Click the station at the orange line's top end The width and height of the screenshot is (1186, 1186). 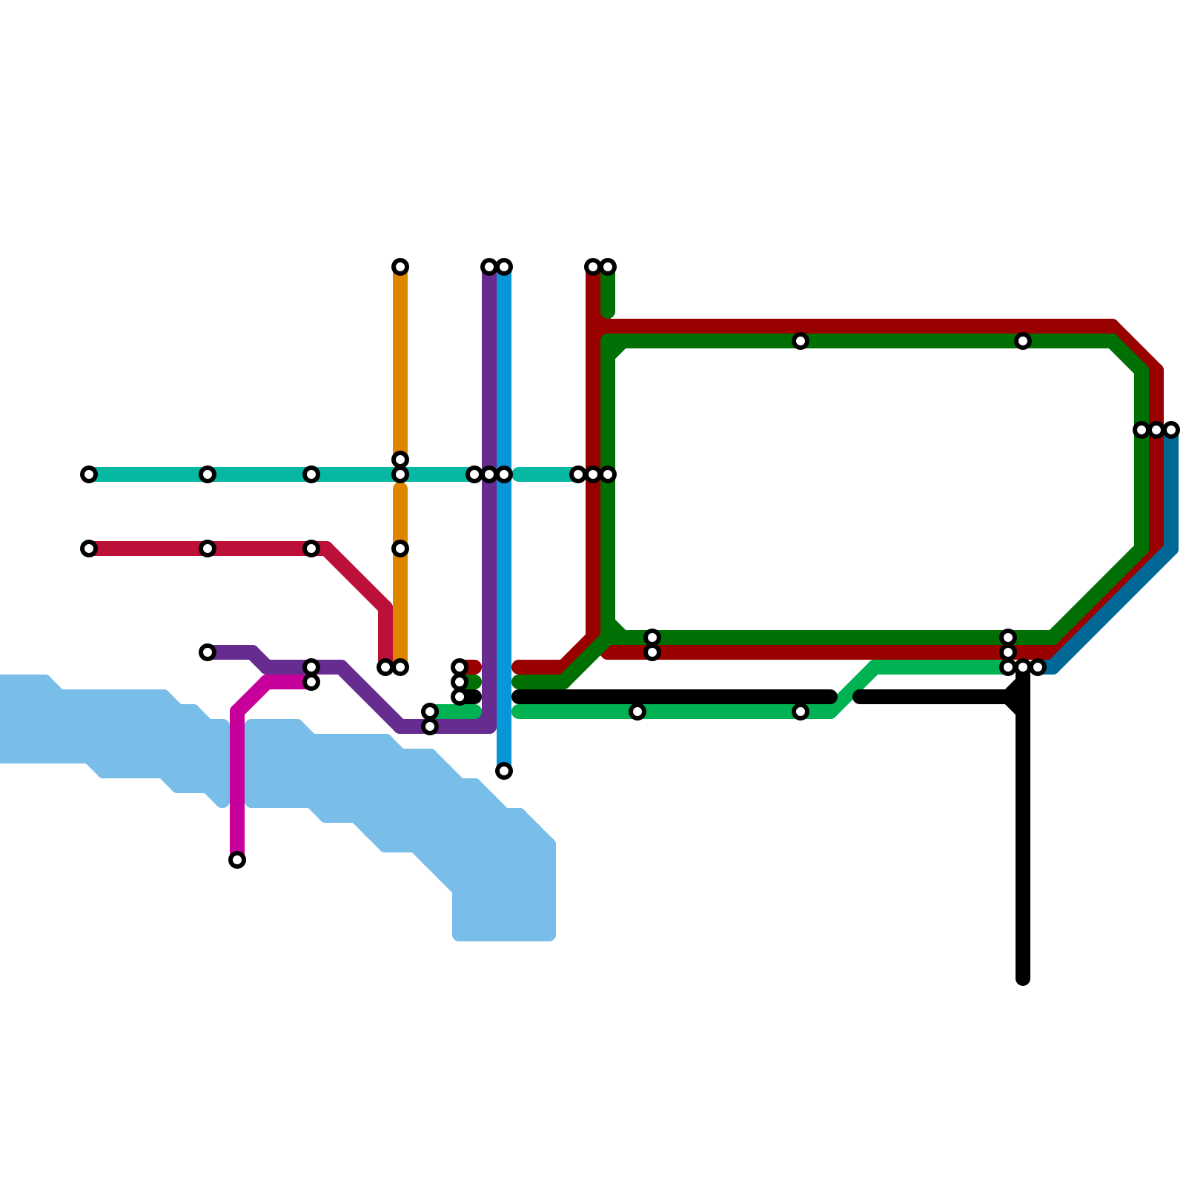(x=400, y=267)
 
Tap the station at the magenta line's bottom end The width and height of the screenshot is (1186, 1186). (x=237, y=860)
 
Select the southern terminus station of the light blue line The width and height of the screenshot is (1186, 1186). (x=504, y=771)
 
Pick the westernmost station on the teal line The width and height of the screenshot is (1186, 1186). (x=89, y=474)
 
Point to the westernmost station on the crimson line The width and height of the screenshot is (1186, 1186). (x=89, y=549)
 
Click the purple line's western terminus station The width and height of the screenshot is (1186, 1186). (x=208, y=652)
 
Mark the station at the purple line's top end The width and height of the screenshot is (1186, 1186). (x=488, y=267)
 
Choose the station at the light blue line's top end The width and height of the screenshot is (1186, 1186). (x=505, y=267)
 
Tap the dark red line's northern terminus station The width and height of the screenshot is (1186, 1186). (x=592, y=267)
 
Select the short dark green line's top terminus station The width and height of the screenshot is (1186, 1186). (x=609, y=267)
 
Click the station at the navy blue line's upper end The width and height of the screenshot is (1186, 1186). (x=1171, y=430)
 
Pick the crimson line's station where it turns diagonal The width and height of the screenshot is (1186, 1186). (x=311, y=549)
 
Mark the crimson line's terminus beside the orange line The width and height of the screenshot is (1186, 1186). (x=385, y=667)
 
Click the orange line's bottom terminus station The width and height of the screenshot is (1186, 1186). (x=401, y=667)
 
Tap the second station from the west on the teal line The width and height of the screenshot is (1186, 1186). (x=208, y=474)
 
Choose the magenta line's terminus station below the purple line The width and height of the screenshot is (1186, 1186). (x=311, y=682)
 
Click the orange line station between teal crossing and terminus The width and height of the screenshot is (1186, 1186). (x=400, y=549)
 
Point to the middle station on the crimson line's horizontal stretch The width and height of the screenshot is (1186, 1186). (x=208, y=549)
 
